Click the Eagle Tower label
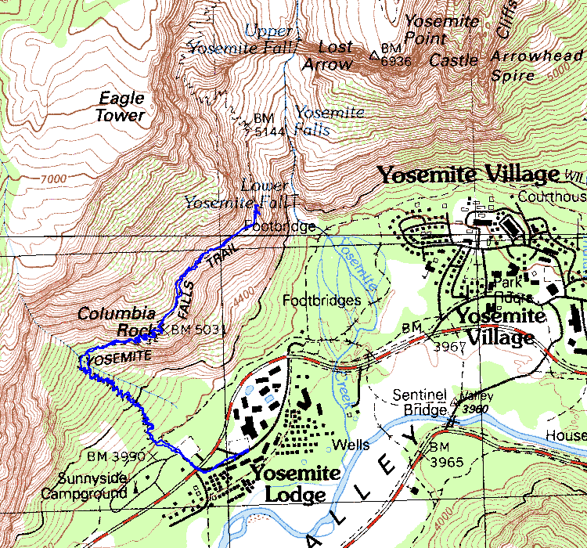pyautogui.click(x=121, y=107)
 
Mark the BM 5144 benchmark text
pyautogui.click(x=264, y=124)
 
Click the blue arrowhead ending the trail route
pyautogui.click(x=257, y=209)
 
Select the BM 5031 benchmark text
pyautogui.click(x=197, y=330)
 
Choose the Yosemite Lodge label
pyautogui.click(x=295, y=484)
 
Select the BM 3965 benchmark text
pyautogui.click(x=448, y=453)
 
